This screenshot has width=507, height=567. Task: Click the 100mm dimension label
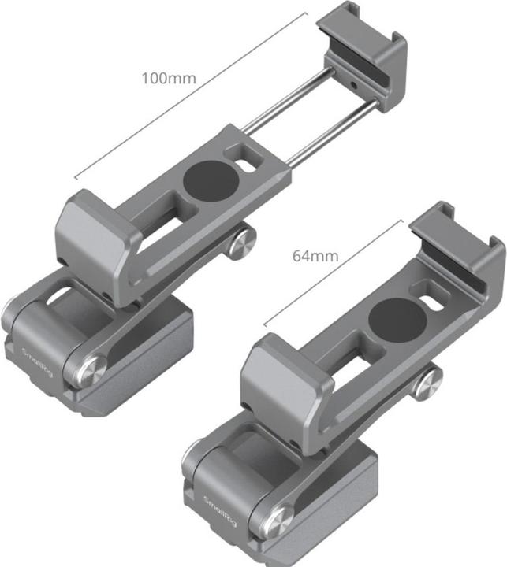coord(168,79)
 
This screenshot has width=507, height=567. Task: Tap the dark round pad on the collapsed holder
coord(393,317)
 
